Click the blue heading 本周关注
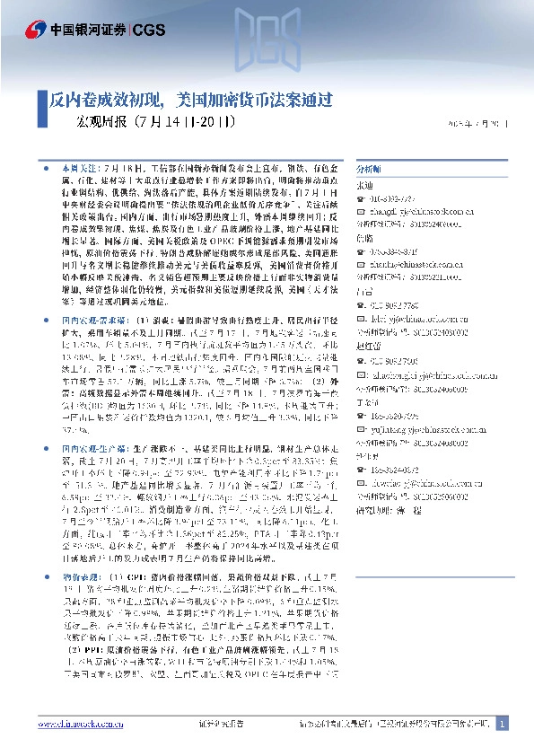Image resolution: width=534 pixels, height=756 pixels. tap(79, 169)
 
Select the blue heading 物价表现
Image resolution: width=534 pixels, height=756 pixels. tap(79, 574)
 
